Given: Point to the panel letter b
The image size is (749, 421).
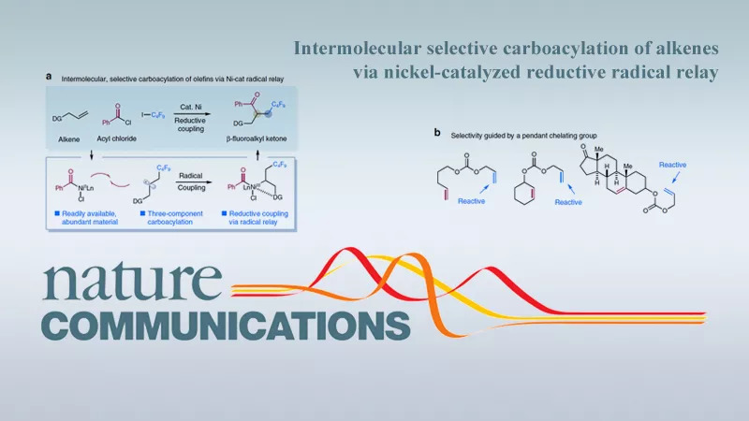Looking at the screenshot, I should pos(437,134).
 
